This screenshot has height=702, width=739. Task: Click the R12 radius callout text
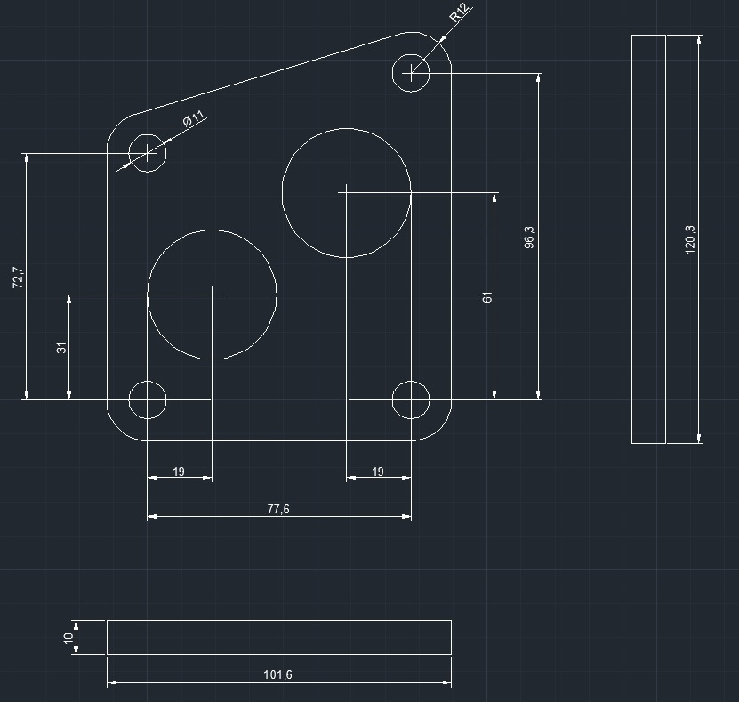tap(460, 12)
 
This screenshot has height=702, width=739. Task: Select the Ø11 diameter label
tap(194, 118)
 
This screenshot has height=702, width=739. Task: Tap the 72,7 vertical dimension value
tap(18, 278)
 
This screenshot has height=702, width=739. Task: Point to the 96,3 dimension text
tap(529, 238)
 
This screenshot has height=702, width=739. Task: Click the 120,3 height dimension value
tap(689, 239)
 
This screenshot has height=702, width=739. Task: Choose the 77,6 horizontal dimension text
tap(278, 509)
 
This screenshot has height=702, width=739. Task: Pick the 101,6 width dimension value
tap(277, 674)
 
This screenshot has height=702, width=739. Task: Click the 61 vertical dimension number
tap(487, 297)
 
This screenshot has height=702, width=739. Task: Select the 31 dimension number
tap(61, 348)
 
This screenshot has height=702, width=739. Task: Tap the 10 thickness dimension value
tap(68, 638)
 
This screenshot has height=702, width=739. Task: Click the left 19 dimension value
tap(179, 472)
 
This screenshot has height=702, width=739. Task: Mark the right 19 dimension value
tap(378, 472)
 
